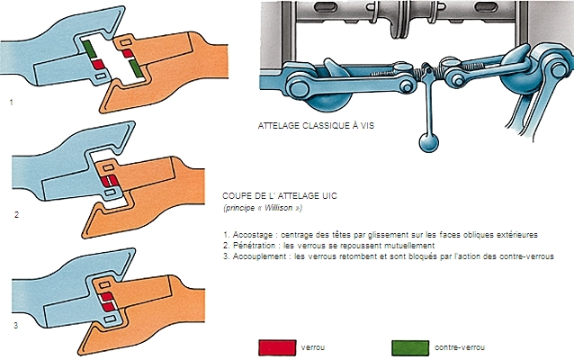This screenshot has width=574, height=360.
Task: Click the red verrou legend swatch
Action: (276, 346)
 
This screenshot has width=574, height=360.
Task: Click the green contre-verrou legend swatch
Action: (412, 346)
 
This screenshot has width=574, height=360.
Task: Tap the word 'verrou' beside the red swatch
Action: (316, 346)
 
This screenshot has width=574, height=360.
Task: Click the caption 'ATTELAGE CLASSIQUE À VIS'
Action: (314, 127)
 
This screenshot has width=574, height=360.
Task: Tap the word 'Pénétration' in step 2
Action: (256, 245)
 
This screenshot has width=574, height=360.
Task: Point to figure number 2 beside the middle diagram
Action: (16, 216)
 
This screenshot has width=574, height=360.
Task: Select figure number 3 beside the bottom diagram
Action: (15, 325)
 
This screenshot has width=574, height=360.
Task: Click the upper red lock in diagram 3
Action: (107, 294)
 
